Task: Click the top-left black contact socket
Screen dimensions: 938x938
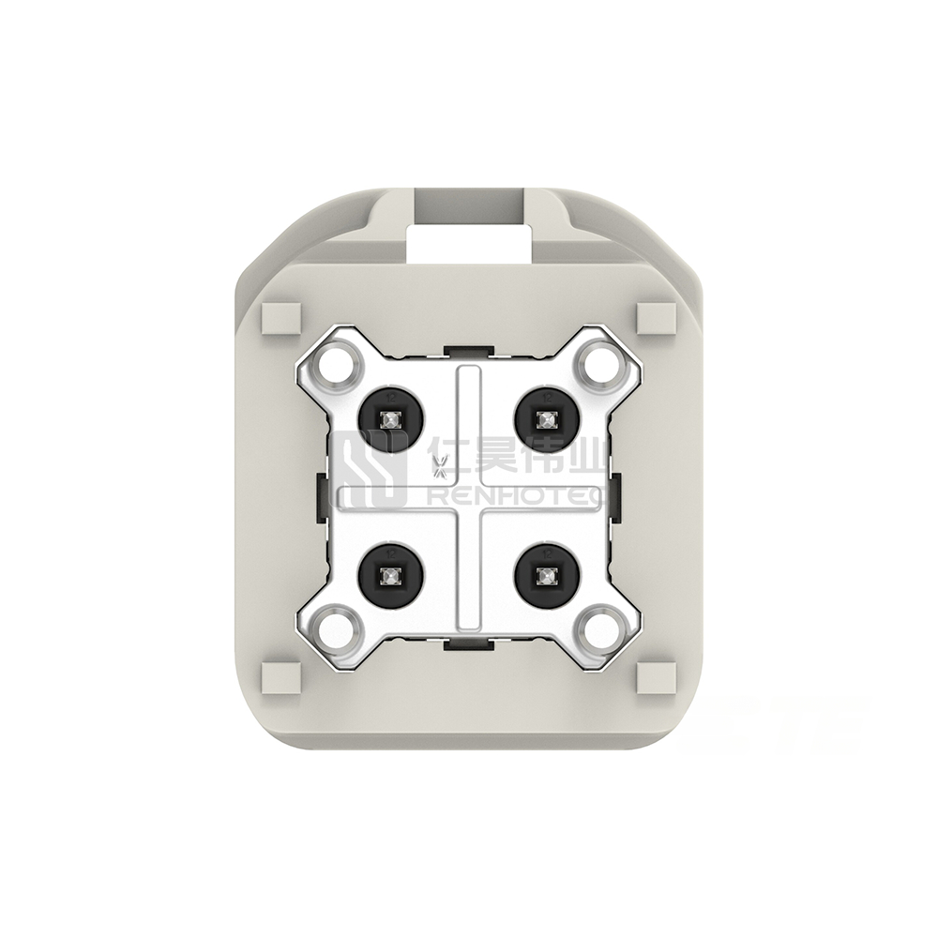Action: pyautogui.click(x=388, y=417)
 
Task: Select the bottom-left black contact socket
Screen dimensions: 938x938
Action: pyautogui.click(x=388, y=575)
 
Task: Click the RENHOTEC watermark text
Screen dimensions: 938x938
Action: pyautogui.click(x=515, y=494)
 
